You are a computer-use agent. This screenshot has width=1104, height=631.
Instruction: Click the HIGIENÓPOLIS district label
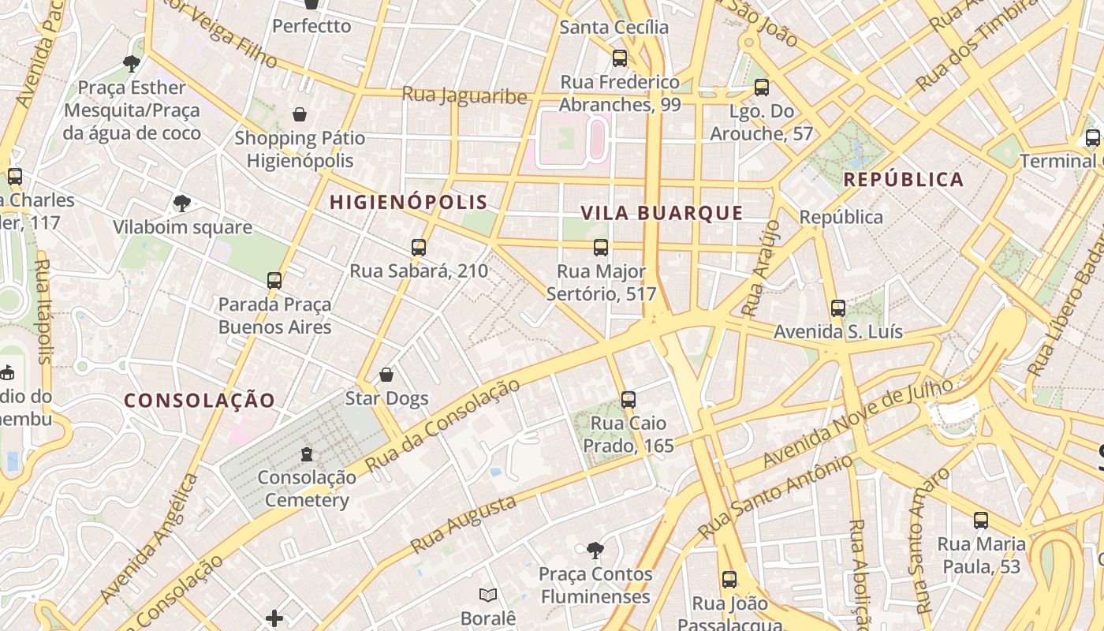click(x=408, y=203)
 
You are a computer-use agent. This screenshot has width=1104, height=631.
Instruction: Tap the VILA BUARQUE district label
click(x=662, y=213)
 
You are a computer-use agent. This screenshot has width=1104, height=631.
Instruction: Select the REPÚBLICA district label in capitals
click(x=903, y=180)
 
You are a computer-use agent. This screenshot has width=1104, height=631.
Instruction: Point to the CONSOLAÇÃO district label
click(x=200, y=401)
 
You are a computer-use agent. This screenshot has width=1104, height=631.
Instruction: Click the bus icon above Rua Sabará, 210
click(x=419, y=248)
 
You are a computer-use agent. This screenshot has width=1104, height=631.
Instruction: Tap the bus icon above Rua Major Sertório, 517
click(x=601, y=248)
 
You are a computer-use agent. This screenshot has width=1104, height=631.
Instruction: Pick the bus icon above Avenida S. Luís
click(x=837, y=308)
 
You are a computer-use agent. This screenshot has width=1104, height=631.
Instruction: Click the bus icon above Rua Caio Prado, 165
click(x=628, y=400)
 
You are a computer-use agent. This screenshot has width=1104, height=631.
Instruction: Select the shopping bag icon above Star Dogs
click(x=386, y=374)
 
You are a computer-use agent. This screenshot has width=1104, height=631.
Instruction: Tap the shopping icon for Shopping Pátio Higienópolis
click(x=300, y=114)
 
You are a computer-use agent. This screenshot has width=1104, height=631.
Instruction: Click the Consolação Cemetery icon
click(x=307, y=454)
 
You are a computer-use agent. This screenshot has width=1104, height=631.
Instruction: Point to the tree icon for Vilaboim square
click(x=182, y=203)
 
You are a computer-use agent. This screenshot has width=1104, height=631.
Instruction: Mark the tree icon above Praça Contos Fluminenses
click(x=595, y=550)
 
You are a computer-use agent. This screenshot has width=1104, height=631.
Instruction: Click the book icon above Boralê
click(x=488, y=595)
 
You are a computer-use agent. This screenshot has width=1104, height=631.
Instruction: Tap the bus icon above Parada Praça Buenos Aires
click(x=274, y=280)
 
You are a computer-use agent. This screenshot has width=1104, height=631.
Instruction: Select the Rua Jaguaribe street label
click(x=464, y=95)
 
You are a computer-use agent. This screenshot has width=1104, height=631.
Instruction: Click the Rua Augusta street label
click(x=464, y=524)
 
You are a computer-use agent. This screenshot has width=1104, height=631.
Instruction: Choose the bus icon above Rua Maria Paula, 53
click(x=980, y=521)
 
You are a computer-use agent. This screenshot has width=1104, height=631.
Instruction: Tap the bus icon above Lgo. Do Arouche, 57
click(x=761, y=88)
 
